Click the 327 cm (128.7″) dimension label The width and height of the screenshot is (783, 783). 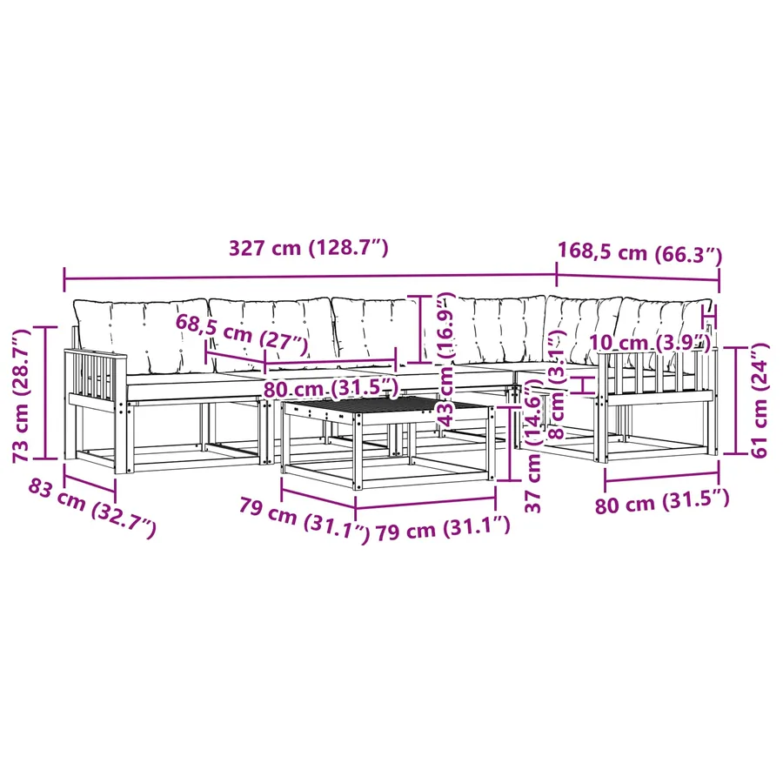click(x=308, y=248)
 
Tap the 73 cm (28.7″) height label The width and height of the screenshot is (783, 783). click(x=22, y=395)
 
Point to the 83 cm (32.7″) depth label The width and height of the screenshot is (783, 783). click(x=92, y=508)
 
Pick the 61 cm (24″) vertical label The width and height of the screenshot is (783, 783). click(x=760, y=400)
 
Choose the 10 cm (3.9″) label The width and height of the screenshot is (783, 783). click(x=650, y=343)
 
